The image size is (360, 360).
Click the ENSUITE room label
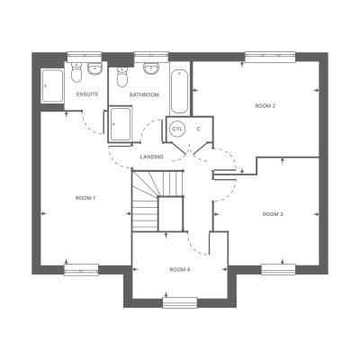[87, 94]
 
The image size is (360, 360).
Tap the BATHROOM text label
[144, 94]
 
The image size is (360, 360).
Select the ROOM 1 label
[85, 198]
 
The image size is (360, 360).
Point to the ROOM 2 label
[265, 105]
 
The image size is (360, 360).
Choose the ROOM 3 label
[273, 214]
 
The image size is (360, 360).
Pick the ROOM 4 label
[180, 270]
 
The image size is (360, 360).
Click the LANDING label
[152, 157]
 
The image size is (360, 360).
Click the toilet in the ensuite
[76, 72]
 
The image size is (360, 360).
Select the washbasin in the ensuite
[94, 69]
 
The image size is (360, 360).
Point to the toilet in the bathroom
[121, 76]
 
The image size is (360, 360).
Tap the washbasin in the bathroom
[150, 68]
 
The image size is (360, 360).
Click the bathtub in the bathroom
[179, 92]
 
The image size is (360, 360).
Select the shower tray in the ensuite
[52, 85]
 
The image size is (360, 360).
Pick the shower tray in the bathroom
[120, 123]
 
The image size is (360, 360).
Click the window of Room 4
[180, 302]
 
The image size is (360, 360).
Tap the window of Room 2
[270, 57]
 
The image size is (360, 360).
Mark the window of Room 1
[81, 270]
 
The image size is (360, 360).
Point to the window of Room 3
[278, 269]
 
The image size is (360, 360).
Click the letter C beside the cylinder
[198, 129]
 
